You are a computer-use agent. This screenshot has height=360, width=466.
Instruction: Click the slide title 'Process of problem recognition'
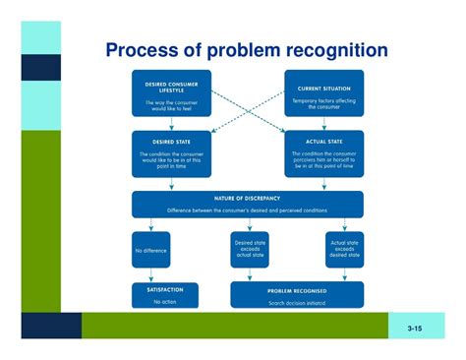point(246,50)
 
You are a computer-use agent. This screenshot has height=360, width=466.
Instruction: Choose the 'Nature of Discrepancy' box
point(247,204)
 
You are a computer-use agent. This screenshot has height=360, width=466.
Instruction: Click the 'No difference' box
point(150,250)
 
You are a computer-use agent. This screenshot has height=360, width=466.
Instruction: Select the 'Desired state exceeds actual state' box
point(248,250)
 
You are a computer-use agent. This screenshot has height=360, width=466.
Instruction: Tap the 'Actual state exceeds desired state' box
point(344,250)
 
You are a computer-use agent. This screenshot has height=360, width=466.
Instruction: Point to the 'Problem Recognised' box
point(296,295)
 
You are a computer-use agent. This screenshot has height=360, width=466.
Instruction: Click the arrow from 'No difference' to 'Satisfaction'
point(150,275)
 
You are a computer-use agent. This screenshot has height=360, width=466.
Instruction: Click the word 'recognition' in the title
point(334,50)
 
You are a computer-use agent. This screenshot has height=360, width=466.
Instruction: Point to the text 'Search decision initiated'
point(296,301)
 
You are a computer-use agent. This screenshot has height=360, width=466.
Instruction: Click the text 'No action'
point(164,301)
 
